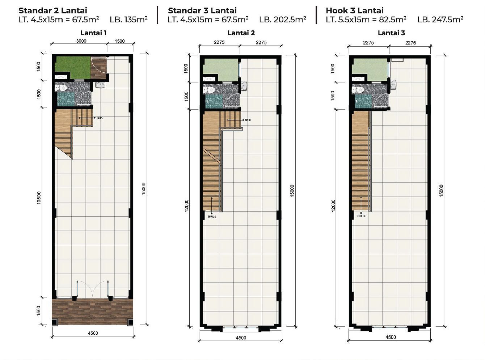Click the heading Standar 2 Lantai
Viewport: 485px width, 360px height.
[53, 10]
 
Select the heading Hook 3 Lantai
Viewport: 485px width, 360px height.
[354, 10]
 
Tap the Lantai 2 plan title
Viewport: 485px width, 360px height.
[241, 33]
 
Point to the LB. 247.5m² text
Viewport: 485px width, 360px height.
[440, 20]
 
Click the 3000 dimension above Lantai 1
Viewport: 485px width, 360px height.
[81, 41]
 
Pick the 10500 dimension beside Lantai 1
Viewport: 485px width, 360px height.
[39, 198]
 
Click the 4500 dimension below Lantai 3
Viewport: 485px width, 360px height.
[391, 337]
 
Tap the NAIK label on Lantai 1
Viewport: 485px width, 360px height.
[100, 118]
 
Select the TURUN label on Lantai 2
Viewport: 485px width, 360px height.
[211, 217]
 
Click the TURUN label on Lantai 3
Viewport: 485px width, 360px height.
[361, 216]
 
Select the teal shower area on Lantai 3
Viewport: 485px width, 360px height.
[363, 101]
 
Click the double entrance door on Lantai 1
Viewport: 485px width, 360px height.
[93, 289]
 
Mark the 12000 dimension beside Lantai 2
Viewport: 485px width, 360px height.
[186, 205]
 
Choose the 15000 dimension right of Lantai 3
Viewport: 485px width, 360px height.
[441, 191]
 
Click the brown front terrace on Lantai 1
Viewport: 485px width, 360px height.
[92, 312]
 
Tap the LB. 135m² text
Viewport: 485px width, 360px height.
[128, 20]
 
